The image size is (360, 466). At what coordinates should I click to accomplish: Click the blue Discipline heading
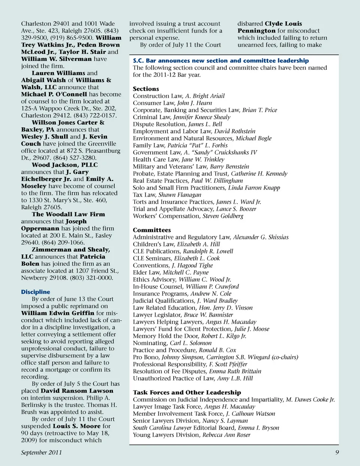point(36,292)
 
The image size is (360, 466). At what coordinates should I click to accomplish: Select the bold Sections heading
point(146,89)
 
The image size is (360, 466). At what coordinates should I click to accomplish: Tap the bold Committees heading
point(151,230)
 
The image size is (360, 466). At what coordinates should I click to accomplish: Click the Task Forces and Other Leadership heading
point(187,392)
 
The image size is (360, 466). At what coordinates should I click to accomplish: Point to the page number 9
point(337,452)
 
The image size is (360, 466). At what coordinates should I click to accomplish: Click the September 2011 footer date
point(41,452)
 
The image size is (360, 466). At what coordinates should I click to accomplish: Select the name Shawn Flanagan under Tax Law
point(180,195)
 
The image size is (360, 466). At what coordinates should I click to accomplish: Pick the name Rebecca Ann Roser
point(226,435)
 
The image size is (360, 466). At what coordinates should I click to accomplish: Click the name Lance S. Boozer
point(236,209)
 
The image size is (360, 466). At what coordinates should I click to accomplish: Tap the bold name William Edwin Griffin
point(58,313)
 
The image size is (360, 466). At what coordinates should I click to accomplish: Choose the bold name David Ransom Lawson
point(77,391)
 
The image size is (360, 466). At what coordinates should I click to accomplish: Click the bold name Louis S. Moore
point(76,426)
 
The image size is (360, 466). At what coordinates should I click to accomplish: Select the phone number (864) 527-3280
point(75,158)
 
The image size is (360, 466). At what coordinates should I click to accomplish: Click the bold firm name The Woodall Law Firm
point(68,214)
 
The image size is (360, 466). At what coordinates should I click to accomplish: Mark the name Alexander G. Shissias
point(261,237)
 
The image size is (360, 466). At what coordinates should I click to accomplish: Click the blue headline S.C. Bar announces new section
point(221,60)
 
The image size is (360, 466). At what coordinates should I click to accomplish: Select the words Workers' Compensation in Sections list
point(166,216)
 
